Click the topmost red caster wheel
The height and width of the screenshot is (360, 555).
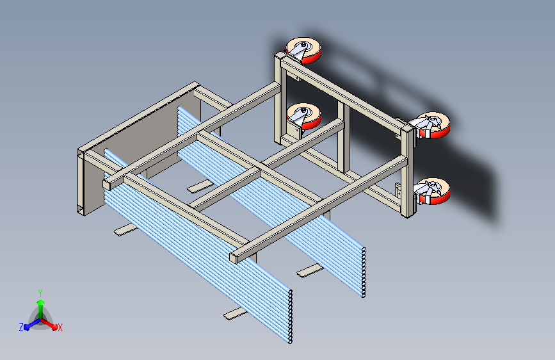(303, 51)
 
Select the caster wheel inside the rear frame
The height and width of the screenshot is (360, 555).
(304, 116)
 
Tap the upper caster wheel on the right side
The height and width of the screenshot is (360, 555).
(433, 125)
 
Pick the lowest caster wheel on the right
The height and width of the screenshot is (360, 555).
(433, 192)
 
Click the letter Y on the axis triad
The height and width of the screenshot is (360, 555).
(40, 293)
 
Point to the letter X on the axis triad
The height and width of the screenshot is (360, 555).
(60, 327)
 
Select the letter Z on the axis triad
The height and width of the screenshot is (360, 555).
(21, 327)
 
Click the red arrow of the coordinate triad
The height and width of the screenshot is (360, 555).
(49, 324)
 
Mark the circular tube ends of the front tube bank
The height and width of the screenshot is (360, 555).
(290, 316)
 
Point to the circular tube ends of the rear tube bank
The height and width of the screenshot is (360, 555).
(363, 272)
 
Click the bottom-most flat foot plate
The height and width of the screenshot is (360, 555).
(235, 314)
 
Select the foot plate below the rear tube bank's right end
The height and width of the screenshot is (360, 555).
(310, 271)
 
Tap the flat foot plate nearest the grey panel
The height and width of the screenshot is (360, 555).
(126, 229)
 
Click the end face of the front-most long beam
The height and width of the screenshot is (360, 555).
(233, 258)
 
